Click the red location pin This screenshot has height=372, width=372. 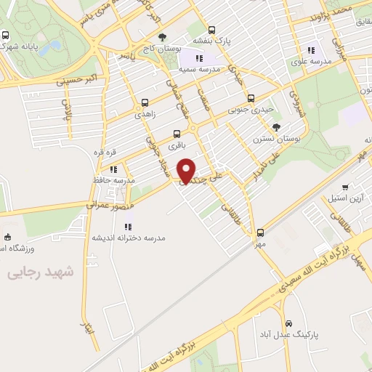pyautogui.click(x=187, y=171)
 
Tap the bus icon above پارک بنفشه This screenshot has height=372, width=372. pyautogui.click(x=211, y=31)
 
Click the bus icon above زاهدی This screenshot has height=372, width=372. pyautogui.click(x=145, y=103)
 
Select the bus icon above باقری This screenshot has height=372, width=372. pyautogui.click(x=177, y=134)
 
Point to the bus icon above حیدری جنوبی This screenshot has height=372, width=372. pyautogui.click(x=251, y=98)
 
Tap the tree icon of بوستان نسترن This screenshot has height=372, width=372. pyautogui.click(x=276, y=127)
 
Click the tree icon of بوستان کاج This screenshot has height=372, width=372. pyautogui.click(x=161, y=37)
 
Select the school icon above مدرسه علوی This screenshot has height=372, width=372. pyautogui.click(x=311, y=50)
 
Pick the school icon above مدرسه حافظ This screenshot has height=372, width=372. pyautogui.click(x=114, y=169)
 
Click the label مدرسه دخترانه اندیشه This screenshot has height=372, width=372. pyautogui.click(x=129, y=238)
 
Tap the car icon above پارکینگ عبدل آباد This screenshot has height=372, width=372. pyautogui.click(x=288, y=323)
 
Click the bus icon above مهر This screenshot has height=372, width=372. pyautogui.click(x=260, y=233)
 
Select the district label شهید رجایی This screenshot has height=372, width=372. pyautogui.click(x=41, y=272)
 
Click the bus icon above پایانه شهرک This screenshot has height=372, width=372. pyautogui.click(x=6, y=35)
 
